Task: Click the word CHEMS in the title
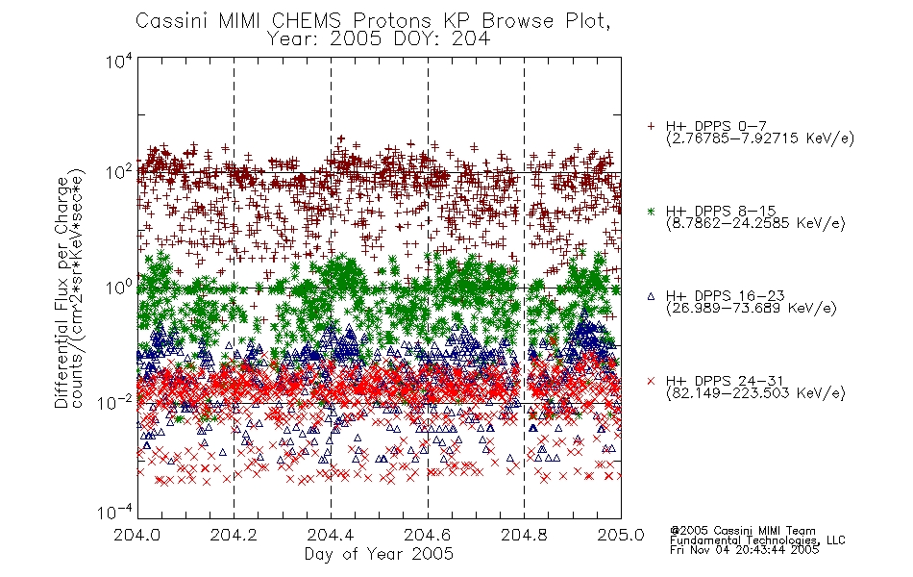point(307,20)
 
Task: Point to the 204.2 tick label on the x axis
point(234,535)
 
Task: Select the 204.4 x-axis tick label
point(331,535)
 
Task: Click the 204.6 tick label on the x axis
point(427,535)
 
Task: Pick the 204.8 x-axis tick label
point(524,535)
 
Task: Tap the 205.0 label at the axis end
point(621,535)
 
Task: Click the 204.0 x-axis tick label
point(136,535)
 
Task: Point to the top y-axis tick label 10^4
point(119,62)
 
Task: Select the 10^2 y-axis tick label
point(119,173)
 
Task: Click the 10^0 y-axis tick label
point(119,288)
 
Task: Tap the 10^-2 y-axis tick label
point(116,402)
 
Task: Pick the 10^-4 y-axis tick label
point(116,513)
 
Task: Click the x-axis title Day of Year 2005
point(379,554)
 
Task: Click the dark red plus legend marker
point(651,126)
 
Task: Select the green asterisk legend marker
point(651,211)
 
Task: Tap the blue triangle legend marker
point(651,296)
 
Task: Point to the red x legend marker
point(651,381)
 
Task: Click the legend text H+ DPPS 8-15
point(721,211)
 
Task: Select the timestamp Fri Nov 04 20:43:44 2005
point(744,550)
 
